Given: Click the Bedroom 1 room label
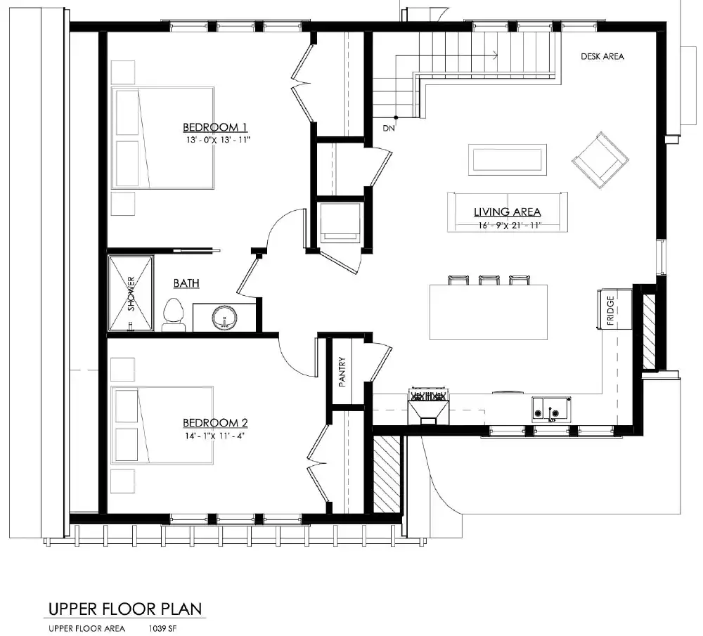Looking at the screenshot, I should point(215,127).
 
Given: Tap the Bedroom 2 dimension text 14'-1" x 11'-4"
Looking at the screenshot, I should point(215,436).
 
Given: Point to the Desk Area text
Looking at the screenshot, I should point(602,57).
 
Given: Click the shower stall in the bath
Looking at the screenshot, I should point(131,293).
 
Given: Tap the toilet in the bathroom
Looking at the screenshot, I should point(173,316).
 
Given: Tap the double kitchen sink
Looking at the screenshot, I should point(551,407).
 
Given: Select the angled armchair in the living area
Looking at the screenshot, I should point(600,160).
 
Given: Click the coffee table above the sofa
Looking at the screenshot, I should point(507,160).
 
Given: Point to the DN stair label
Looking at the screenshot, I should point(389,129).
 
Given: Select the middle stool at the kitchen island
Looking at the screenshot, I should point(489,280).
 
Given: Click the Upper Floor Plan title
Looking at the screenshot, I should point(125,608).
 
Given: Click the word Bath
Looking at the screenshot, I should point(186,283).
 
